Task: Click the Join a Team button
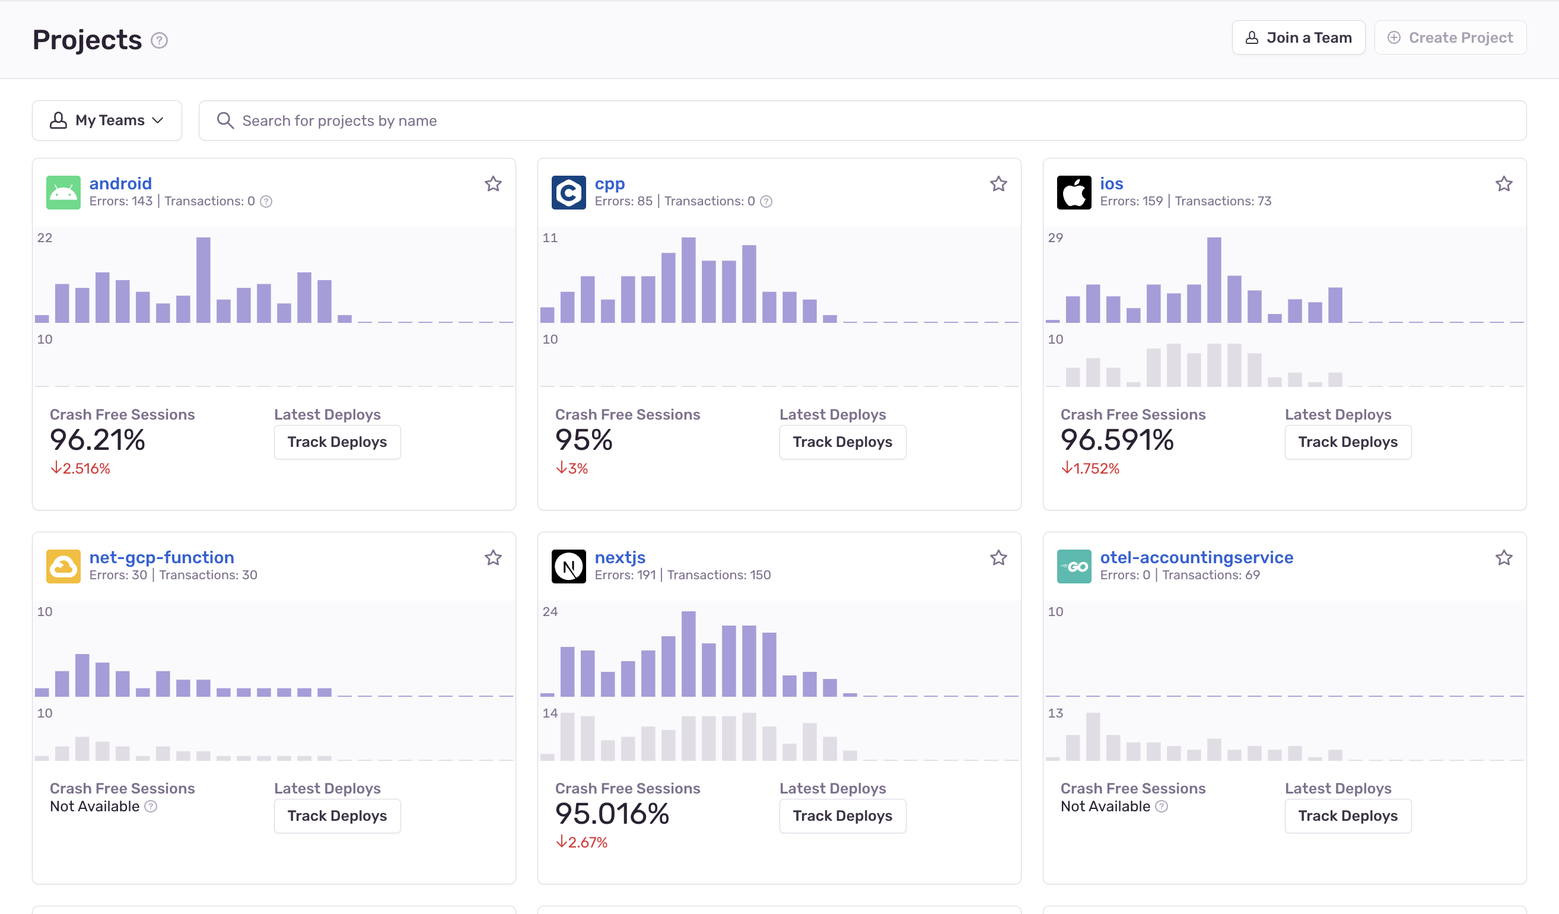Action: pos(1298,38)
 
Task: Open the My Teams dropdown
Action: pos(107,120)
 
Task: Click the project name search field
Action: pos(866,120)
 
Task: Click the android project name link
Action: pos(120,183)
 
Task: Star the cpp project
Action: pos(998,184)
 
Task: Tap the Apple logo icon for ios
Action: pos(1073,192)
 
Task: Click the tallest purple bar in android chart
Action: pos(203,280)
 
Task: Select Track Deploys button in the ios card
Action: pos(1347,442)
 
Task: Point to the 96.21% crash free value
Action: pos(97,440)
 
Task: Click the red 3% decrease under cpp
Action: pos(572,468)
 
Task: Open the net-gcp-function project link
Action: pos(161,557)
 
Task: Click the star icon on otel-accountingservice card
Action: pos(1503,557)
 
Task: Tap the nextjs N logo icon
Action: pos(568,566)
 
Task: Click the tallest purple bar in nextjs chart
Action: pos(688,653)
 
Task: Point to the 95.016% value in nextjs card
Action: pos(612,814)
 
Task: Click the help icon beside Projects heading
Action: pos(159,40)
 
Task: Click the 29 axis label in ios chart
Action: pos(1055,237)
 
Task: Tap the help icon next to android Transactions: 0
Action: pos(266,201)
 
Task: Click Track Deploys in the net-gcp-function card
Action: pos(336,815)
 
